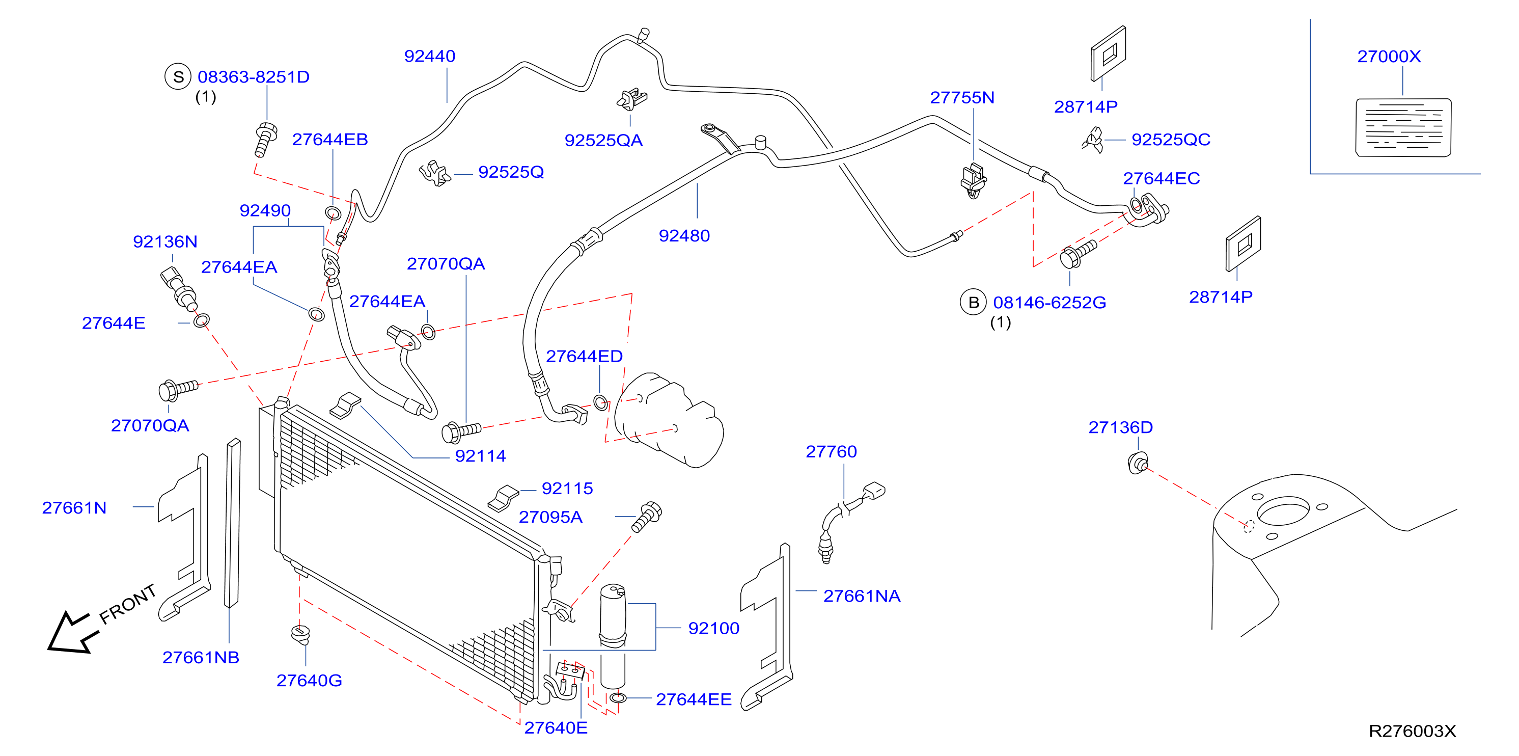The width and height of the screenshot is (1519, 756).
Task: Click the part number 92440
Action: click(429, 56)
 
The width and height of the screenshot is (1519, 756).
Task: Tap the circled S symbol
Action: click(178, 76)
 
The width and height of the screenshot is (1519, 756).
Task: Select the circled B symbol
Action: click(973, 303)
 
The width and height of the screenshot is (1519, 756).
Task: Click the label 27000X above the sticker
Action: click(1389, 57)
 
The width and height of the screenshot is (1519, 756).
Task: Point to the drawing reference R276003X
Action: click(1412, 731)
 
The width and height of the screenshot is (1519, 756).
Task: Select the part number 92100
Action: click(713, 628)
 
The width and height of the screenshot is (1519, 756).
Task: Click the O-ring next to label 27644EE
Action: click(617, 698)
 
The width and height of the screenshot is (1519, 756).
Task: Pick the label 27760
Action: click(831, 452)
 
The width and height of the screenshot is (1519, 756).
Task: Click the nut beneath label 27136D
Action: click(1138, 463)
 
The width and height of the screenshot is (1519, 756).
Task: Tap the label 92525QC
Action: click(1171, 140)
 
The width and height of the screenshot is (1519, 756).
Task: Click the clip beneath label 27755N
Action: click(973, 180)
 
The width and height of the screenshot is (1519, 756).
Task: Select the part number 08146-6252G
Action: click(1049, 303)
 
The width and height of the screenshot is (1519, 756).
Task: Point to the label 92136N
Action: click(165, 242)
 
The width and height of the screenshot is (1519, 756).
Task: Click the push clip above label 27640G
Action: click(301, 635)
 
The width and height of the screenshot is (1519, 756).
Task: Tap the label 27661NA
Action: click(862, 596)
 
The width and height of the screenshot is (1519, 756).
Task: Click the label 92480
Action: click(684, 236)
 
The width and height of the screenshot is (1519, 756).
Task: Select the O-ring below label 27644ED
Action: click(600, 403)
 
